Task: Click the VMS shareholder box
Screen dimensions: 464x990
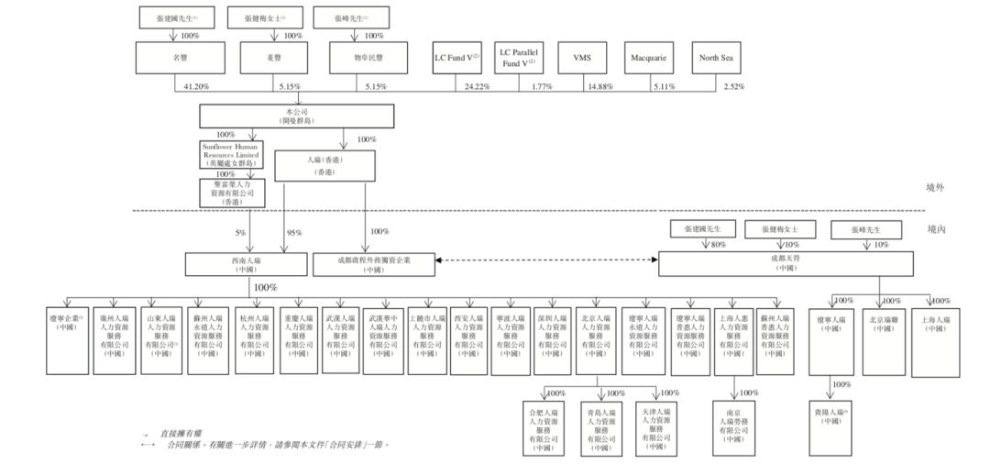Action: [x=582, y=58]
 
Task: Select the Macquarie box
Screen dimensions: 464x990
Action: [x=648, y=58]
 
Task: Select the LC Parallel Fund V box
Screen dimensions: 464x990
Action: [x=519, y=58]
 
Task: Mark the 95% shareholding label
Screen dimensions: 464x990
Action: [x=293, y=233]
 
